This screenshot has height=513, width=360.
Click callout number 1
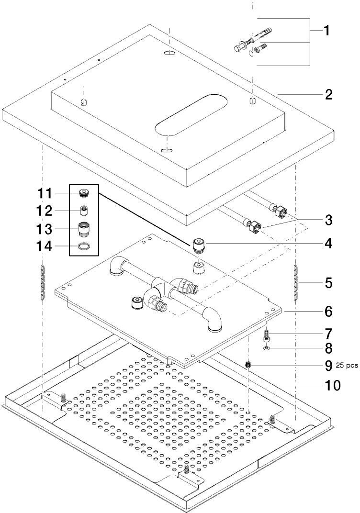click(326, 31)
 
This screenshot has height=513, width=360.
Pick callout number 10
click(331, 385)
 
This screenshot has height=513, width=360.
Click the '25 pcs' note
click(347, 366)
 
